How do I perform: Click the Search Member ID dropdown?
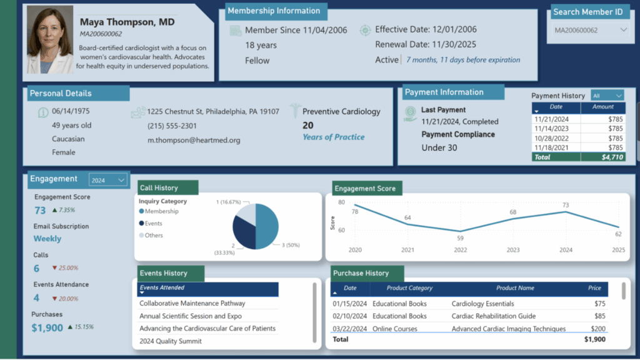coord(591,30)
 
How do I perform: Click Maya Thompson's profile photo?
coord(50,41)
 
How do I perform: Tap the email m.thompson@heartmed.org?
coord(194,140)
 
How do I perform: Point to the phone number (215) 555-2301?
coord(172,126)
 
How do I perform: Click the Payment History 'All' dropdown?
coord(607,96)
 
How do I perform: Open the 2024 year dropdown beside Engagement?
coord(108,180)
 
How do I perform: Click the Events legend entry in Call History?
coord(153,223)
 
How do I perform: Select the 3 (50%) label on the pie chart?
coord(291,246)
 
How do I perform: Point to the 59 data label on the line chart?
coord(460,238)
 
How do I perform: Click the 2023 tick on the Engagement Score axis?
coord(513,251)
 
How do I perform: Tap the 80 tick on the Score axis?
coord(341,202)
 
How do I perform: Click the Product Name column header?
coord(515,288)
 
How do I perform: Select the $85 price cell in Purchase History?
coord(599,316)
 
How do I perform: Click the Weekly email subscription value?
coord(47,239)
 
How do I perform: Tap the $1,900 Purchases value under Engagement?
coord(47,327)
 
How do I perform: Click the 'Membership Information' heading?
coord(273,11)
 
